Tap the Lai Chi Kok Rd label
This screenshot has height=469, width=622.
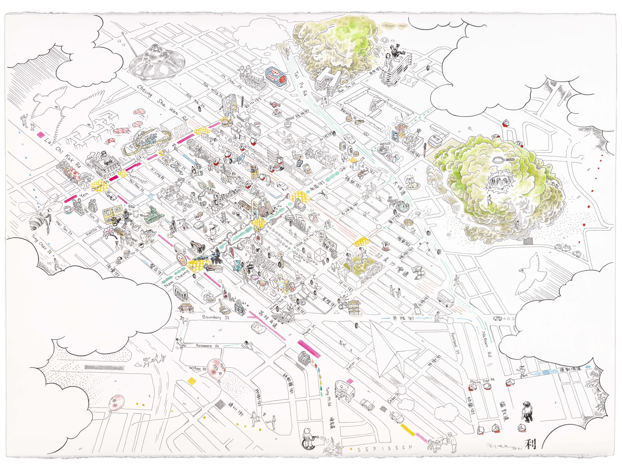pyautogui.click(x=63, y=153)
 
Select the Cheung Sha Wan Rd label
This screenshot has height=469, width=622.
pyautogui.click(x=162, y=103)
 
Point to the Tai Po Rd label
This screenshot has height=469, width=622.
pyautogui.click(x=300, y=83)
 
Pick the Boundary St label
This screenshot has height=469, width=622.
pyautogui.click(x=215, y=317)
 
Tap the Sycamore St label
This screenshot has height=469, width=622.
pyautogui.click(x=207, y=345)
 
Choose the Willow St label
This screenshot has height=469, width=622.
pyautogui.click(x=197, y=368)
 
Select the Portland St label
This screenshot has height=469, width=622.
pyautogui.click(x=455, y=343)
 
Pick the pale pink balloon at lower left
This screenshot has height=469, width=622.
pyautogui.click(x=117, y=403)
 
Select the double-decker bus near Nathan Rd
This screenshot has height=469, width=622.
pyautogui.click(x=444, y=297)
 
